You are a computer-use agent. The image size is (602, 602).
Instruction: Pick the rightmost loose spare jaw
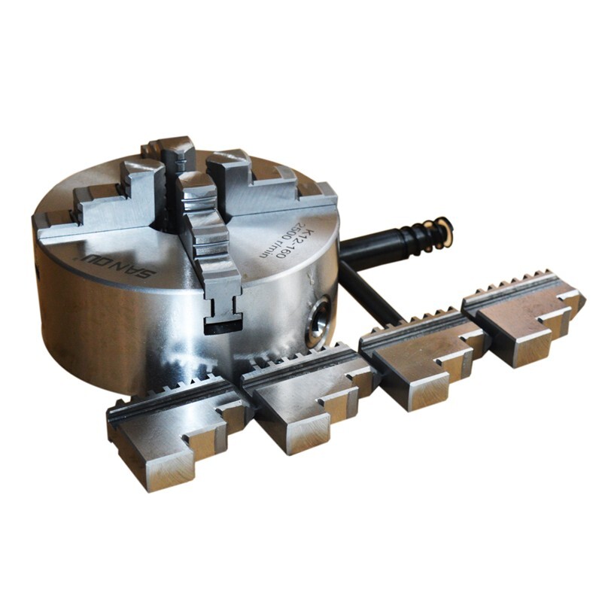point(527,316)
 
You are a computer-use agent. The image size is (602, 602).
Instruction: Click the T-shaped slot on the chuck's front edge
point(223,312)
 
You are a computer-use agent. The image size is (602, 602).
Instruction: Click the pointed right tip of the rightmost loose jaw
point(580,300)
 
